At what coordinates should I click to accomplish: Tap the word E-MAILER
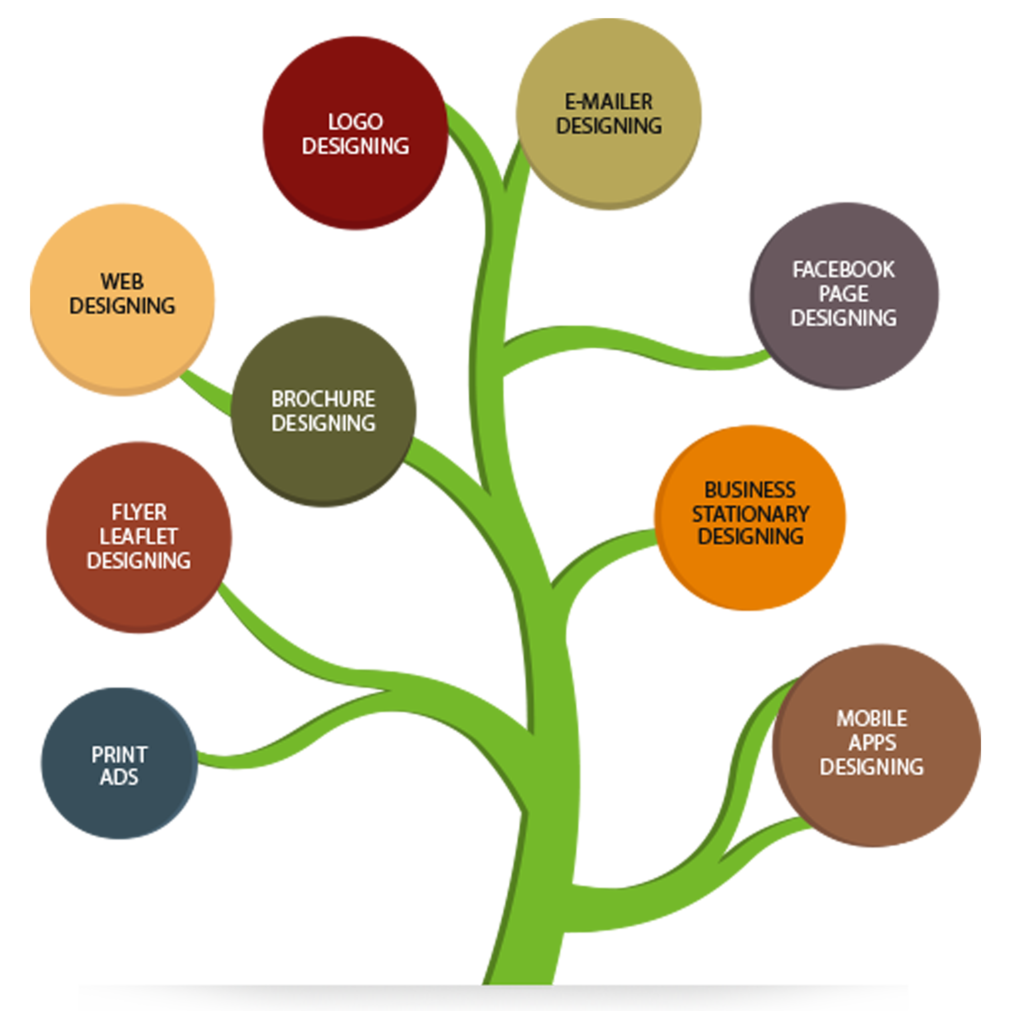[608, 102]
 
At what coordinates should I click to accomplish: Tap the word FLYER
[139, 512]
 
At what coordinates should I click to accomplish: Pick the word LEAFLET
[139, 536]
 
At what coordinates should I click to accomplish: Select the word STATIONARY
[750, 514]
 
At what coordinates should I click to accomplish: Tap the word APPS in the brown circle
[872, 743]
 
